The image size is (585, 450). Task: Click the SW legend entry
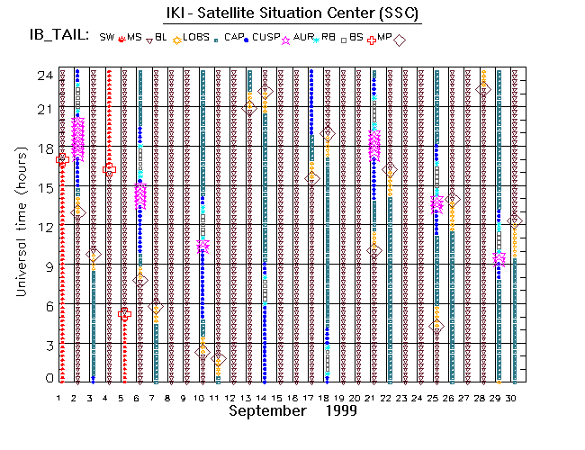(107, 38)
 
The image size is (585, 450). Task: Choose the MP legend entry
(386, 38)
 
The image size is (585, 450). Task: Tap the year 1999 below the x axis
(337, 410)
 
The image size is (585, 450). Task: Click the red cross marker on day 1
(62, 159)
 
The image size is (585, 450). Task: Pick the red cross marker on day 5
(125, 313)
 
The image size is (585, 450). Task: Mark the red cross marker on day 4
(110, 168)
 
